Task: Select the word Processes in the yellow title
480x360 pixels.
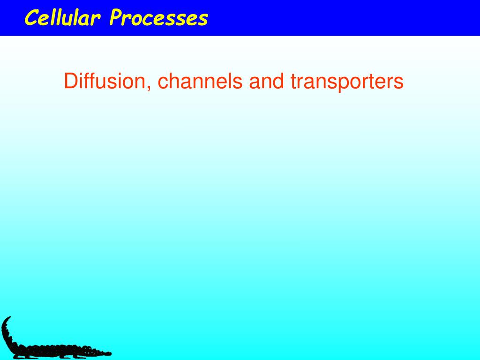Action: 158,18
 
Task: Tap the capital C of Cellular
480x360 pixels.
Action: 31,18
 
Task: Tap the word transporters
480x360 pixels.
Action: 346,82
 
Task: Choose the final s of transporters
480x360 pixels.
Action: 399,83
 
